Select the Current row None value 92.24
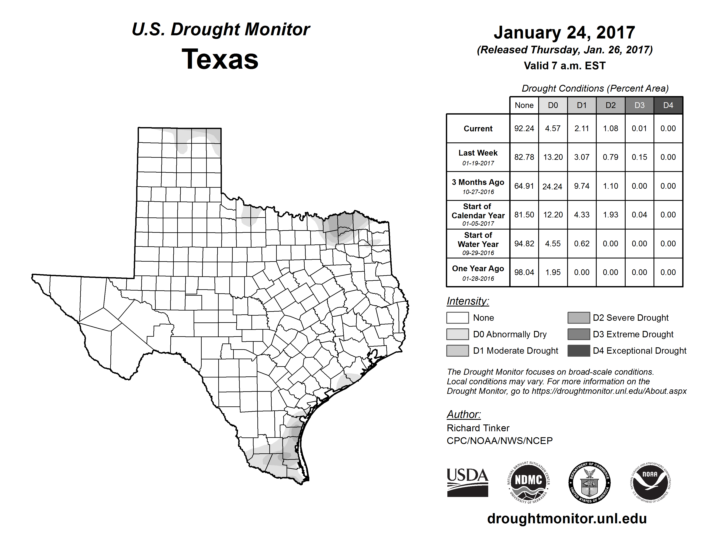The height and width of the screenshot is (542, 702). point(524,128)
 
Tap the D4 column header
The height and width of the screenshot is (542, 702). point(668,105)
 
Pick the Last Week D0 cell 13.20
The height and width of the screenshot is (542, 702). point(553,157)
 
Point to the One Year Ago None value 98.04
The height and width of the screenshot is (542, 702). point(524,272)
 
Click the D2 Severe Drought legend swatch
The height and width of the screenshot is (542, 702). point(579,318)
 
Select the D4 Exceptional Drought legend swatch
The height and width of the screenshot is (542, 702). point(579,351)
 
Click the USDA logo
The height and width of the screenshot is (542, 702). point(467,482)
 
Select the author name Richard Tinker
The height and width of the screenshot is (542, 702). point(478,428)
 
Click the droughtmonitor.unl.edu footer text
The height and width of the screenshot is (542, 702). point(567,519)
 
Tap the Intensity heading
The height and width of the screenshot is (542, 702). point(468,301)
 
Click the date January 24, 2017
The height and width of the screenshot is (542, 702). point(564,33)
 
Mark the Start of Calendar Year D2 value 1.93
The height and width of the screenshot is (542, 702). point(610,215)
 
